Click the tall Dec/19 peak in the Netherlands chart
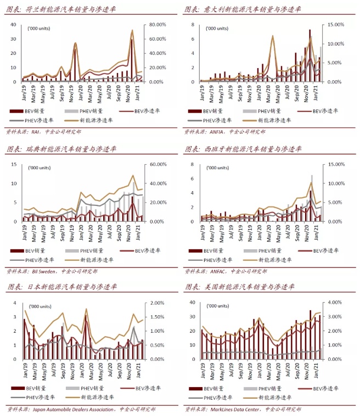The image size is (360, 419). pyautogui.click(x=75, y=44)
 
